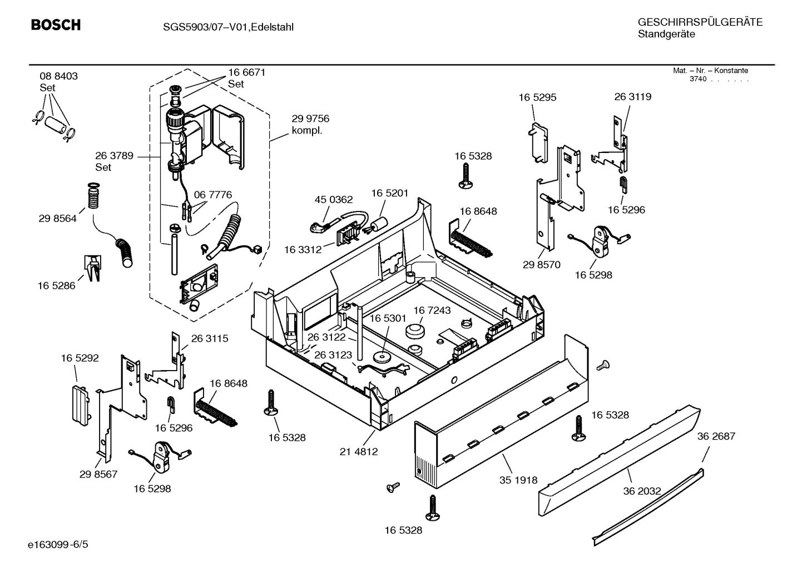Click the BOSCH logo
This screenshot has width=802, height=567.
[x=56, y=25]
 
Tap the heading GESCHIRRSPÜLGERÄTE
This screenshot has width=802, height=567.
[x=700, y=22]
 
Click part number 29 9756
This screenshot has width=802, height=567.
[x=310, y=119]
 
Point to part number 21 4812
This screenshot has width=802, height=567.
[x=359, y=451]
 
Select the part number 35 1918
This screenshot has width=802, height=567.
[x=518, y=480]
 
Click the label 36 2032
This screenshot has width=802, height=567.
[x=641, y=491]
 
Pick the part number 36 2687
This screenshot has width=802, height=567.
[x=716, y=436]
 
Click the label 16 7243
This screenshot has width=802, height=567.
[x=432, y=310]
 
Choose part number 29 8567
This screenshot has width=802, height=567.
[x=98, y=474]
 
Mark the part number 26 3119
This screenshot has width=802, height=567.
[x=632, y=97]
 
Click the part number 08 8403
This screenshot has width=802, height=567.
[x=58, y=76]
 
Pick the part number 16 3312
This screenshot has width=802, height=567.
[x=303, y=250]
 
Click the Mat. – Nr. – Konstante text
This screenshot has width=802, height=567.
[x=710, y=71]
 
